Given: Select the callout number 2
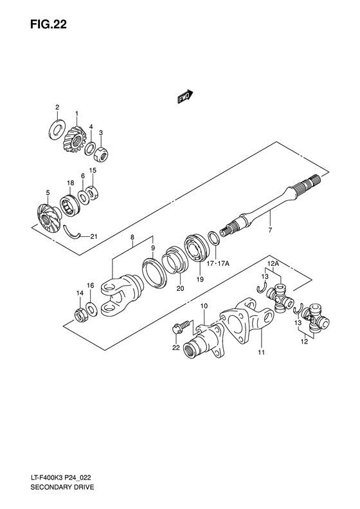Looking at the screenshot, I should coord(57,107).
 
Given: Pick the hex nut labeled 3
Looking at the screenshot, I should coord(102,154).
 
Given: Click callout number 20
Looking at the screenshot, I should coord(180,288).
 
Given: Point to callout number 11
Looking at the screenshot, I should coord(261,353).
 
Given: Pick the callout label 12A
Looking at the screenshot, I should coord(273,263).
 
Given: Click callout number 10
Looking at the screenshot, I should coord(204,306).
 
